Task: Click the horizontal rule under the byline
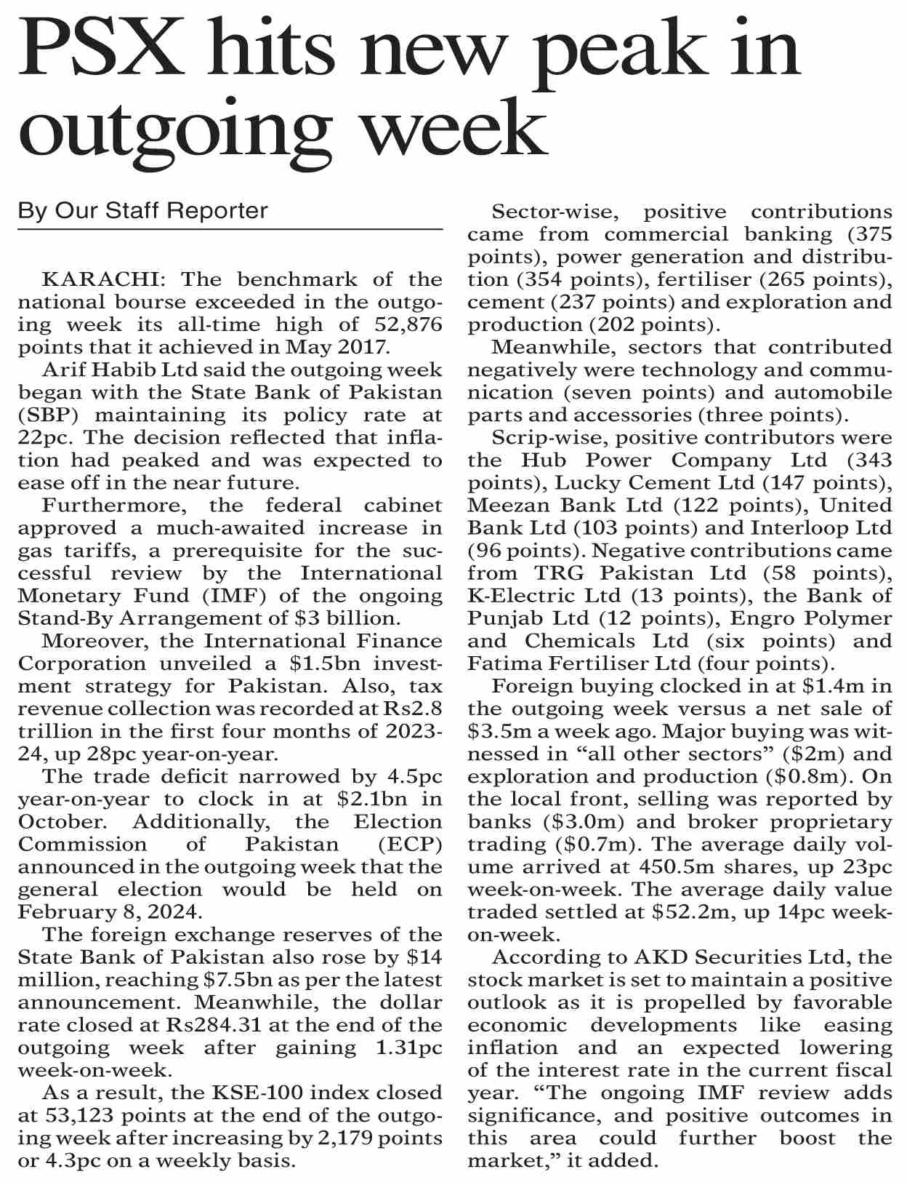(230, 230)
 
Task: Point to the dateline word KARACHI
(97, 280)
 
